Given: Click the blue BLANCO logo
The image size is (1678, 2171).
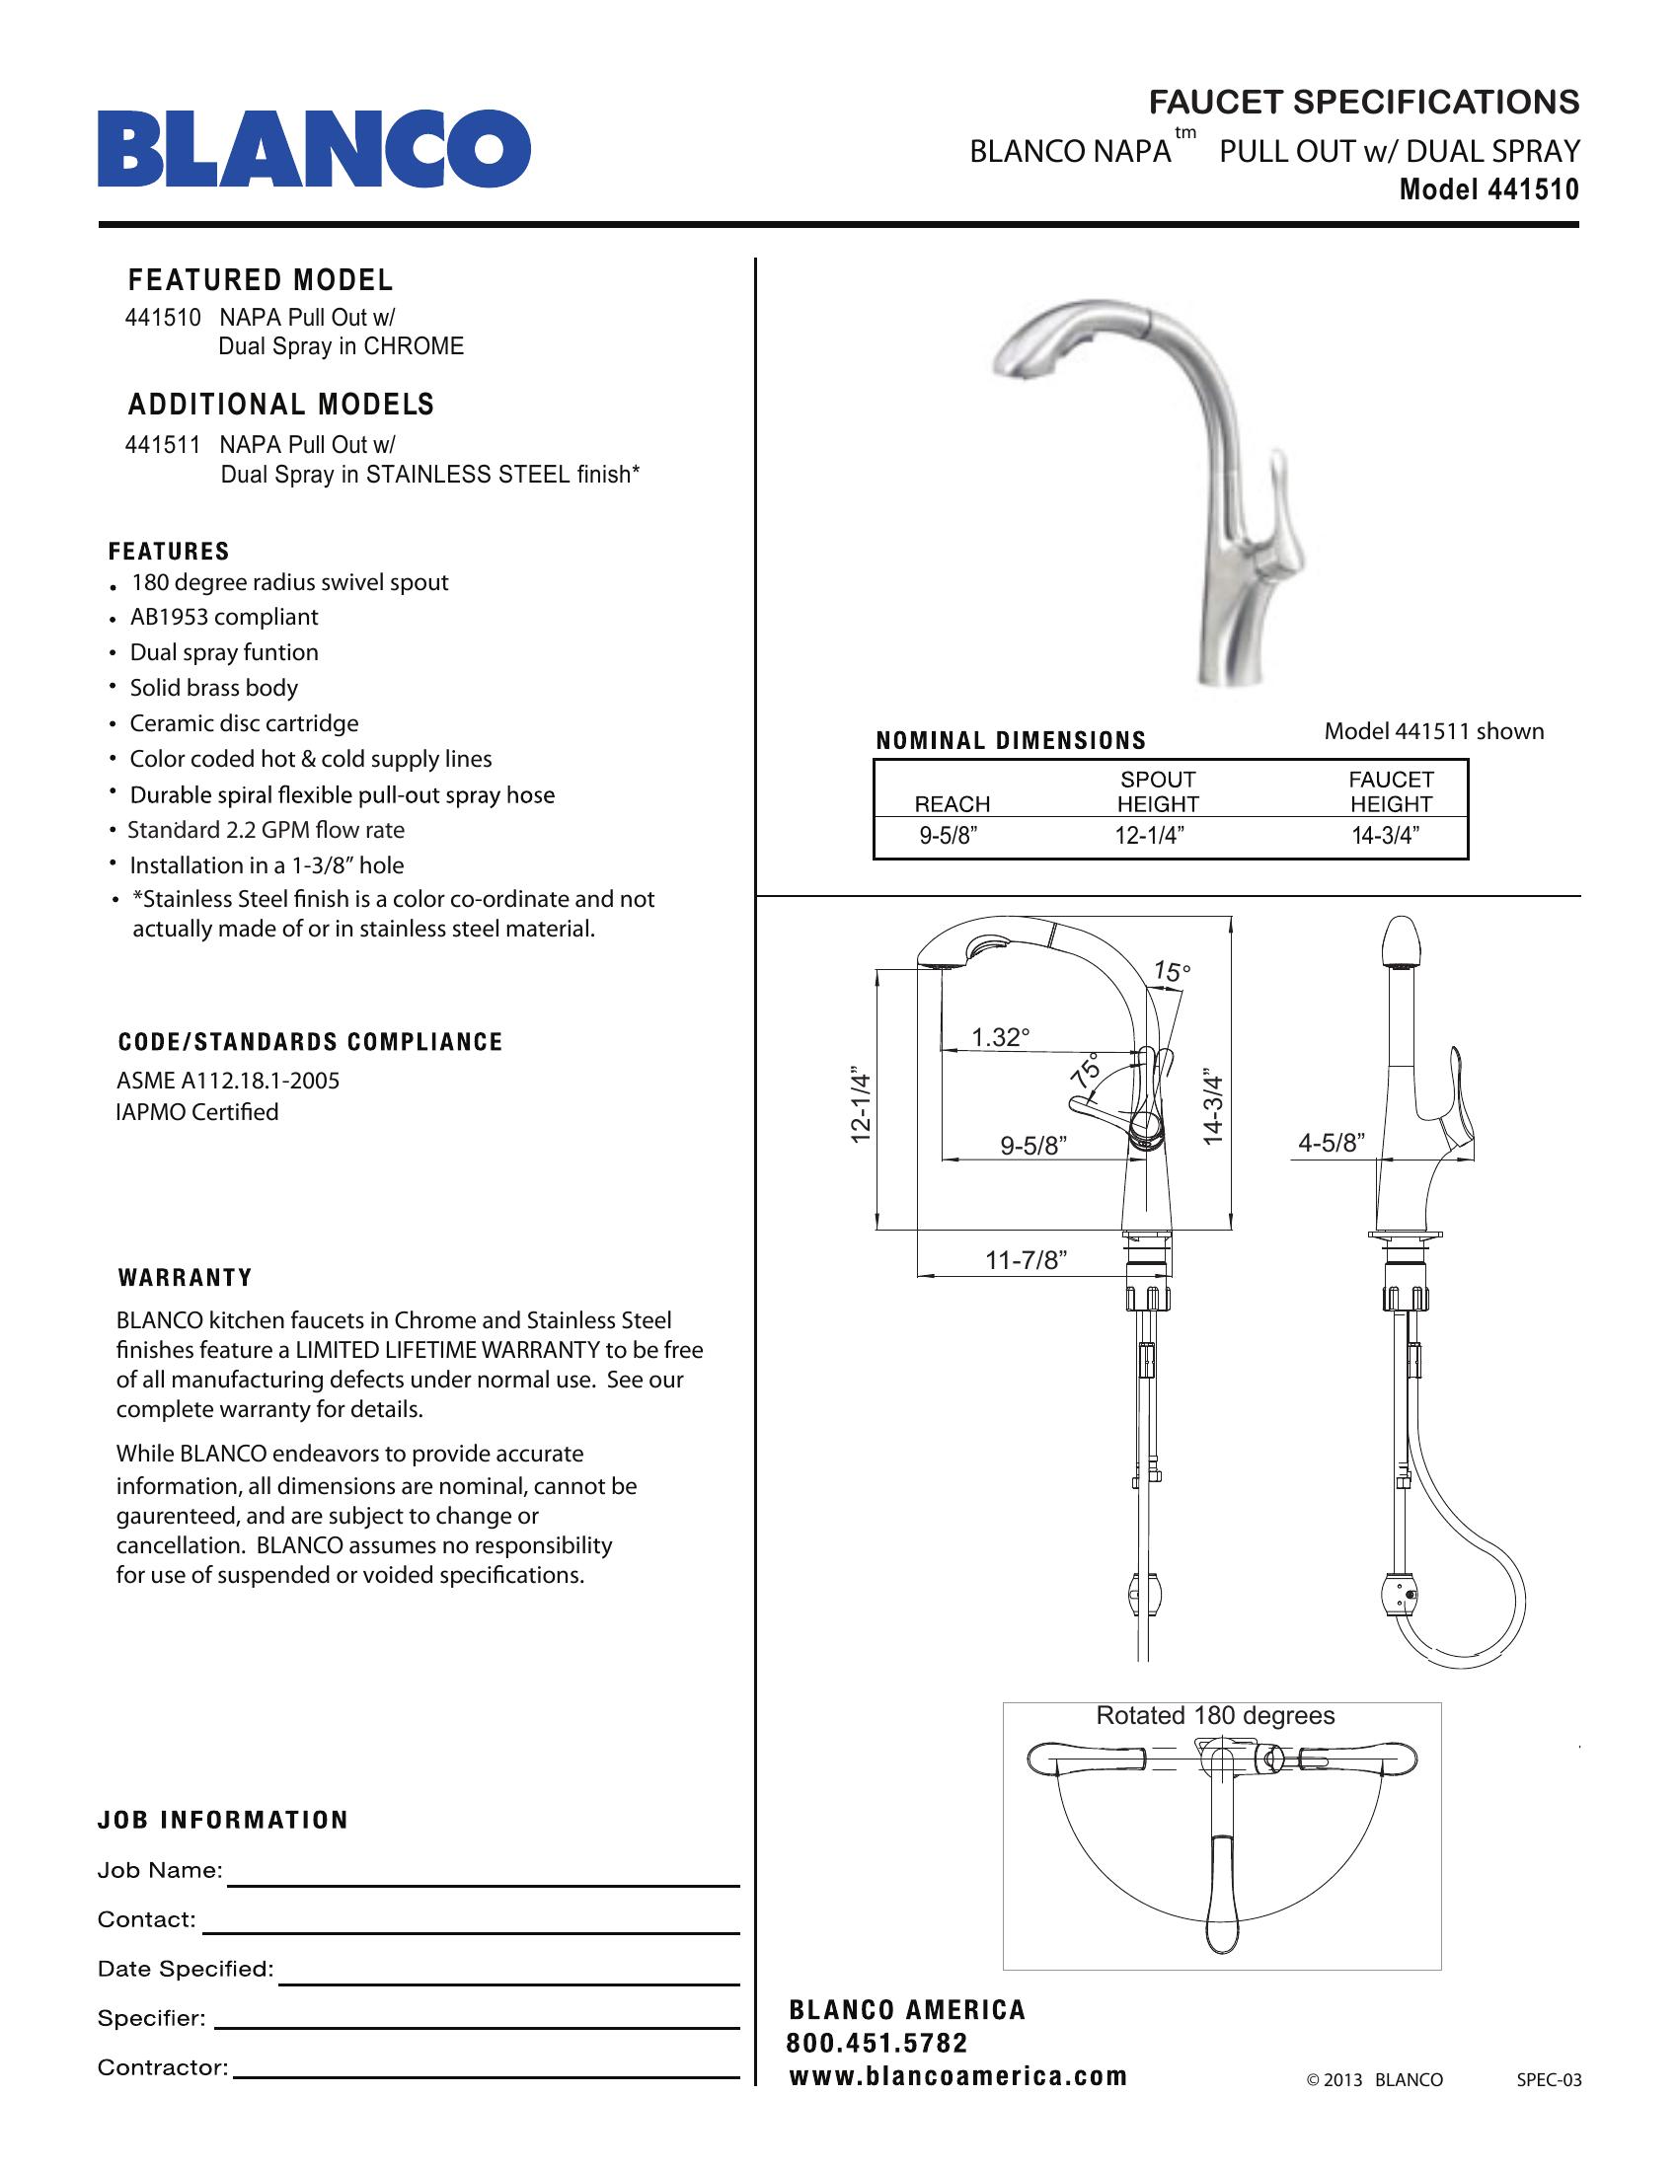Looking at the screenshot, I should coord(313,149).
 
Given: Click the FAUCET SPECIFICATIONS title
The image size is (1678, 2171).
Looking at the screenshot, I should coord(1364,103).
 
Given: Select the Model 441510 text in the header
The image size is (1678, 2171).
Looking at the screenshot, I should coord(1488,189).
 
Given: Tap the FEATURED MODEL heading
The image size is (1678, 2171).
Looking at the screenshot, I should coord(261,280).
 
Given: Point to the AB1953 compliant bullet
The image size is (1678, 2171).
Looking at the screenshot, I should coord(224,618).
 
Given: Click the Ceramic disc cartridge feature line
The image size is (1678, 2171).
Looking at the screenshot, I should coord(244,723).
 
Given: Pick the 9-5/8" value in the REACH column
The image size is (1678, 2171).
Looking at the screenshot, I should coord(948,836).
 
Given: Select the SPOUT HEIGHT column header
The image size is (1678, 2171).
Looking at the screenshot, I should coord(1157,792).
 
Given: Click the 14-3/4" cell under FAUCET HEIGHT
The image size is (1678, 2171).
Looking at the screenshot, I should coord(1385,836).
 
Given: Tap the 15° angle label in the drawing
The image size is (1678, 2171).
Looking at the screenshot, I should coord(1171,972).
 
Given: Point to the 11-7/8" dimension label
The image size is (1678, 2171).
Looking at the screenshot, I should coord(1026,1261).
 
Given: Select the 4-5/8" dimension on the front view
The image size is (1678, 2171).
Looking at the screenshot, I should coord(1332,1143).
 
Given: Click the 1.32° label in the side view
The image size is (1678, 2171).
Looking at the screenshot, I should coord(1000,1038).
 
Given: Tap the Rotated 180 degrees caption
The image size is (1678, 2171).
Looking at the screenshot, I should coord(1215,1716).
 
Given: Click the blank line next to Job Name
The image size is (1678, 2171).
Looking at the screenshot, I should coord(483,1884).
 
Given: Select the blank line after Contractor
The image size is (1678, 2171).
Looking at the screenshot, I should coord(486,2076).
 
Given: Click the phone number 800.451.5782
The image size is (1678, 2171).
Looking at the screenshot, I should coord(877,2044).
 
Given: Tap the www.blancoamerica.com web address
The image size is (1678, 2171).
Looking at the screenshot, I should coord(958,2076).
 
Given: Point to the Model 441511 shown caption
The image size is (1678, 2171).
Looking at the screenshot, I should coord(1433,731).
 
